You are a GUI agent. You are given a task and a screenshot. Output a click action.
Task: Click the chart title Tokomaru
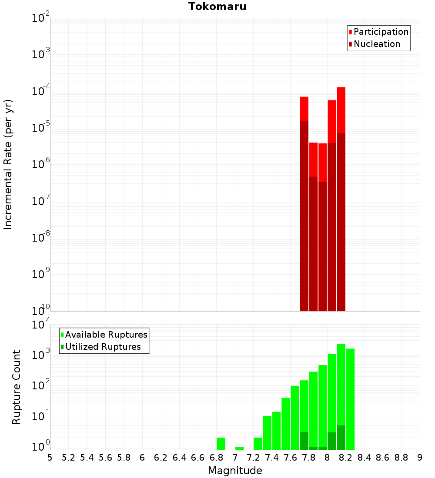tap(217, 7)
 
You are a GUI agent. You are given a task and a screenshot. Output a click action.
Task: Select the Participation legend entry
tap(381, 32)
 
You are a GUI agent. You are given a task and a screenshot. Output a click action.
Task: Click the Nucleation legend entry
tap(376, 44)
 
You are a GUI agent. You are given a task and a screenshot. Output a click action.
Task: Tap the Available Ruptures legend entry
tap(106, 335)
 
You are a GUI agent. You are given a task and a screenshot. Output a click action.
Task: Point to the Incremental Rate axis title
tap(8, 164)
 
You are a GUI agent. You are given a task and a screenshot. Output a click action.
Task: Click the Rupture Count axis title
tap(17, 387)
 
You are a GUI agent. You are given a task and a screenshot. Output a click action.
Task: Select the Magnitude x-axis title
tap(235, 471)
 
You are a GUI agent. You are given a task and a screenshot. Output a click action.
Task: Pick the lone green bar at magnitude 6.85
tap(221, 444)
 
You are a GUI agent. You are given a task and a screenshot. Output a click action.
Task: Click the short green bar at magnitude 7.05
tap(239, 448)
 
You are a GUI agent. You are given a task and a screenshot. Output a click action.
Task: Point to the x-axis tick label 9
tap(420, 458)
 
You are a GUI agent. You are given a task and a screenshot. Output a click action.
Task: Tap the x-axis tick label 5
tap(50, 458)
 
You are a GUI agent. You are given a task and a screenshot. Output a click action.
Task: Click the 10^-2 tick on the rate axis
tap(40, 18)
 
